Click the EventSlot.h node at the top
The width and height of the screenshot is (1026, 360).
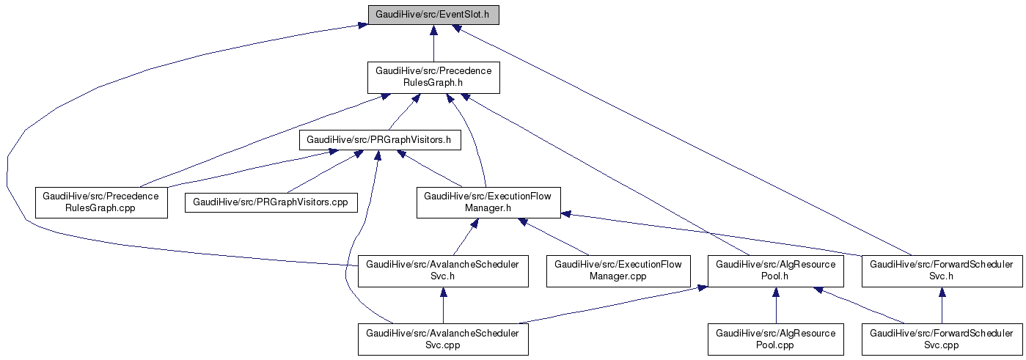coord(433,14)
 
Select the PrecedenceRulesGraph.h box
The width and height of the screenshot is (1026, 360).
coord(433,77)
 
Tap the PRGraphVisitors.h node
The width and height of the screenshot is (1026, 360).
coord(379,139)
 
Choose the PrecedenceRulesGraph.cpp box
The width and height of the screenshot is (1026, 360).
coord(101,202)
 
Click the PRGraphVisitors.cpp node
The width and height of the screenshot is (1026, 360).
coord(271,202)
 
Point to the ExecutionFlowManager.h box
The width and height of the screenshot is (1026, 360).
coord(488,202)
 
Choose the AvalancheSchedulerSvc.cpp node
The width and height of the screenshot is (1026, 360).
coord(442,339)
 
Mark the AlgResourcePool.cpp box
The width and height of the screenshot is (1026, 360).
coord(775,339)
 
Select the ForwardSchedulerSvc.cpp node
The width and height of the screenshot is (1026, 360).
coord(942,339)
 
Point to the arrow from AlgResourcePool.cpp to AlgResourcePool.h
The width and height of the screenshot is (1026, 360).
coord(775,306)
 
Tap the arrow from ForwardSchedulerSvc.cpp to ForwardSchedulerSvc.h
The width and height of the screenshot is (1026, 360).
coord(942,306)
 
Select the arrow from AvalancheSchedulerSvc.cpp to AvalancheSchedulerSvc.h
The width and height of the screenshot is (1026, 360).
coord(442,306)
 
